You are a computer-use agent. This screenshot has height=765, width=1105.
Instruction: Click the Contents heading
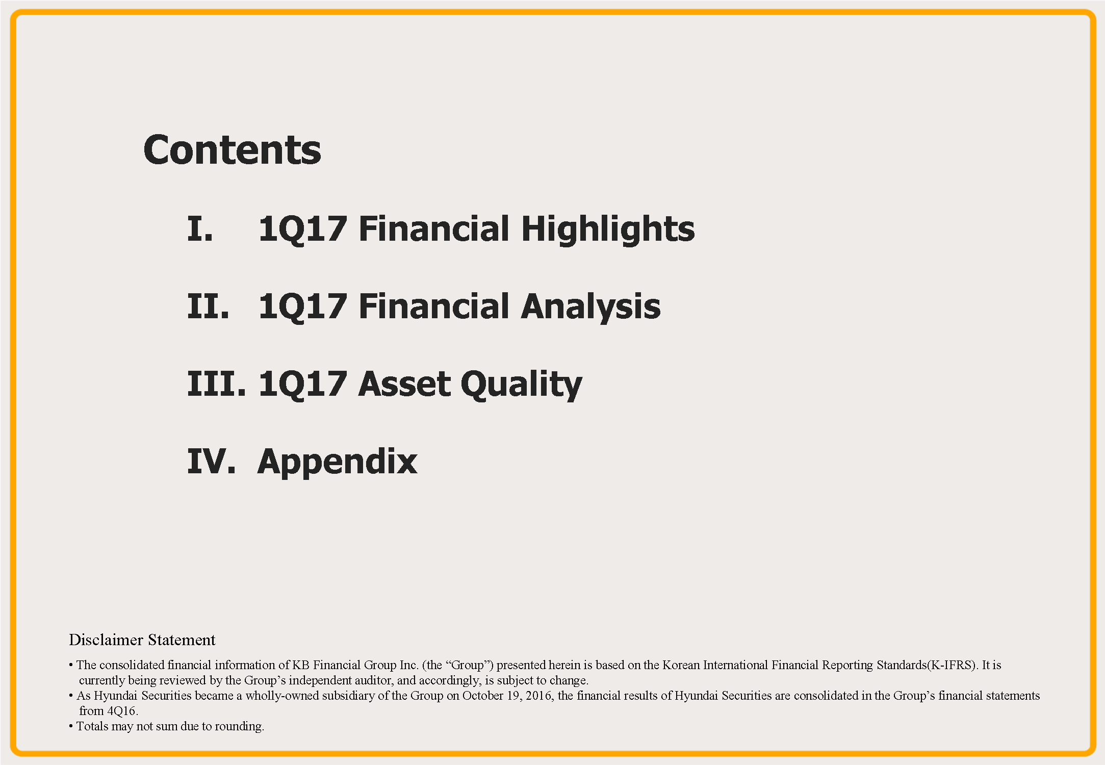click(232, 150)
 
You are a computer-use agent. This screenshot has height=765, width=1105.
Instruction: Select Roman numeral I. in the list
click(200, 228)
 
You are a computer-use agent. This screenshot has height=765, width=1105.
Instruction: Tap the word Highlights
click(608, 229)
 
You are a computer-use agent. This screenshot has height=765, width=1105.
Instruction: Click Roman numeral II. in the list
click(208, 306)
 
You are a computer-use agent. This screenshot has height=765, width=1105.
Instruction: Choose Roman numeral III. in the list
click(216, 384)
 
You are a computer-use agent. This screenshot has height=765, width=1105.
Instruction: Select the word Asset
click(404, 384)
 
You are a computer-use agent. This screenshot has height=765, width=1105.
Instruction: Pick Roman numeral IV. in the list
click(211, 461)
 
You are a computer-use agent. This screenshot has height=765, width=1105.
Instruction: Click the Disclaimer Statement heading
click(142, 640)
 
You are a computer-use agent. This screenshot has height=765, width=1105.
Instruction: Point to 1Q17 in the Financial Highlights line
click(303, 229)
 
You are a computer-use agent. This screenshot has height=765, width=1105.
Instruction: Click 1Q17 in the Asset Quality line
click(303, 384)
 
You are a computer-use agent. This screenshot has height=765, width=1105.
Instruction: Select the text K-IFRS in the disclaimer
click(949, 665)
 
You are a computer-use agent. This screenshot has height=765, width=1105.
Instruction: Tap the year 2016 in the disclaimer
click(539, 696)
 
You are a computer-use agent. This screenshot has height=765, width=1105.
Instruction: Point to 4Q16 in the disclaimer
click(122, 711)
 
